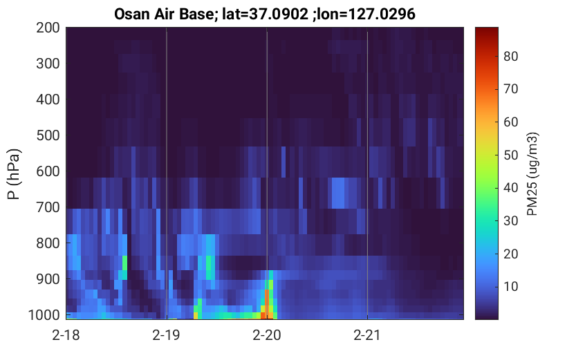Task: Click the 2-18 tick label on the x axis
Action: pyautogui.click(x=66, y=335)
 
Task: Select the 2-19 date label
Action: pyautogui.click(x=167, y=335)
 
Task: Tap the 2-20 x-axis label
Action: pyautogui.click(x=267, y=335)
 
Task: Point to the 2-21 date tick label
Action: pyautogui.click(x=367, y=335)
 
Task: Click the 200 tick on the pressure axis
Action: pyautogui.click(x=48, y=28)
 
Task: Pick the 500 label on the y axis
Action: pyautogui.click(x=48, y=135)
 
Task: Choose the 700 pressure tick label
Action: pyautogui.click(x=48, y=207)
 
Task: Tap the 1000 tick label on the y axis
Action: pyautogui.click(x=44, y=315)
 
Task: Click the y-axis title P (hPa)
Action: pyautogui.click(x=14, y=174)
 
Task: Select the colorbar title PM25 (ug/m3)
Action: pyautogui.click(x=532, y=174)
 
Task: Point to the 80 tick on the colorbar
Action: pyautogui.click(x=510, y=56)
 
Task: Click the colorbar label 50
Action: pyautogui.click(x=510, y=155)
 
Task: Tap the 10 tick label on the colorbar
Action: pyautogui.click(x=510, y=286)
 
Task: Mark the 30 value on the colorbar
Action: pyautogui.click(x=510, y=220)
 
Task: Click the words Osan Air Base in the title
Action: pyautogui.click(x=164, y=15)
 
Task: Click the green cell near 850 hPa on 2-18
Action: pyautogui.click(x=124, y=263)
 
